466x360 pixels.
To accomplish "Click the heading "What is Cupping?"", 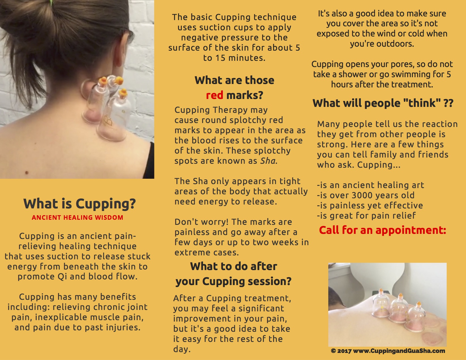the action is [79, 204].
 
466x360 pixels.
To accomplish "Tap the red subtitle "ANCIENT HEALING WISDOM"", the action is [78, 217].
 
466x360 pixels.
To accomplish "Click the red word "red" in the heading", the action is [214, 95].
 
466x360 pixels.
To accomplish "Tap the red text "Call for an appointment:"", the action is [383, 230].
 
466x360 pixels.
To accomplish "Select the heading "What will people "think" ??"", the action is [383, 103].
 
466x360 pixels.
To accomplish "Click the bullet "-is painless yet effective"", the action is [370, 205].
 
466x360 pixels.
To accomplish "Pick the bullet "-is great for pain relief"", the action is [366, 215].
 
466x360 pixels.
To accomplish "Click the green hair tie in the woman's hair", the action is [51, 2].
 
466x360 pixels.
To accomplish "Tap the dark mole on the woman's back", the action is [27, 173].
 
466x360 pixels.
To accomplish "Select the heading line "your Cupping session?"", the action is [234, 281].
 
